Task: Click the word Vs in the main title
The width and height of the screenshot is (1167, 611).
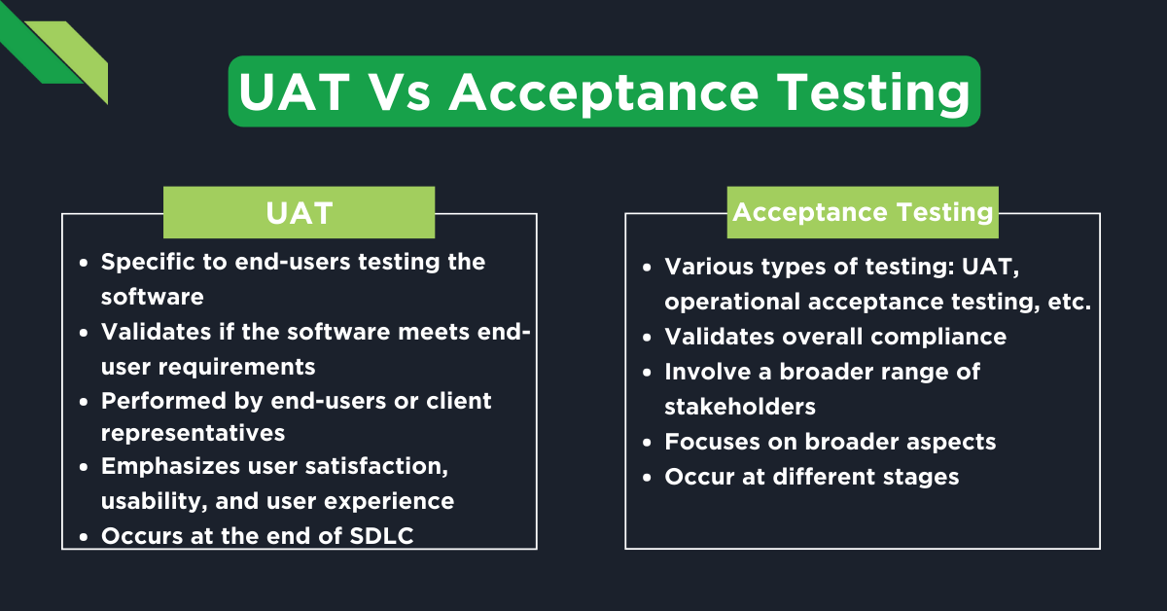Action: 401,92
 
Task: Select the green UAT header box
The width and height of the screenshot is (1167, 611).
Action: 299,213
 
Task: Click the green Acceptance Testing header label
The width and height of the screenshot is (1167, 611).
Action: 863,212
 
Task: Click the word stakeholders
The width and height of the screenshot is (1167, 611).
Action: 740,406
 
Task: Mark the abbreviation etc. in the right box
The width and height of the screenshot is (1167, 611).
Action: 1066,302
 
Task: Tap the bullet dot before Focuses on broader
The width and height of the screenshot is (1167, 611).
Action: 646,442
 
